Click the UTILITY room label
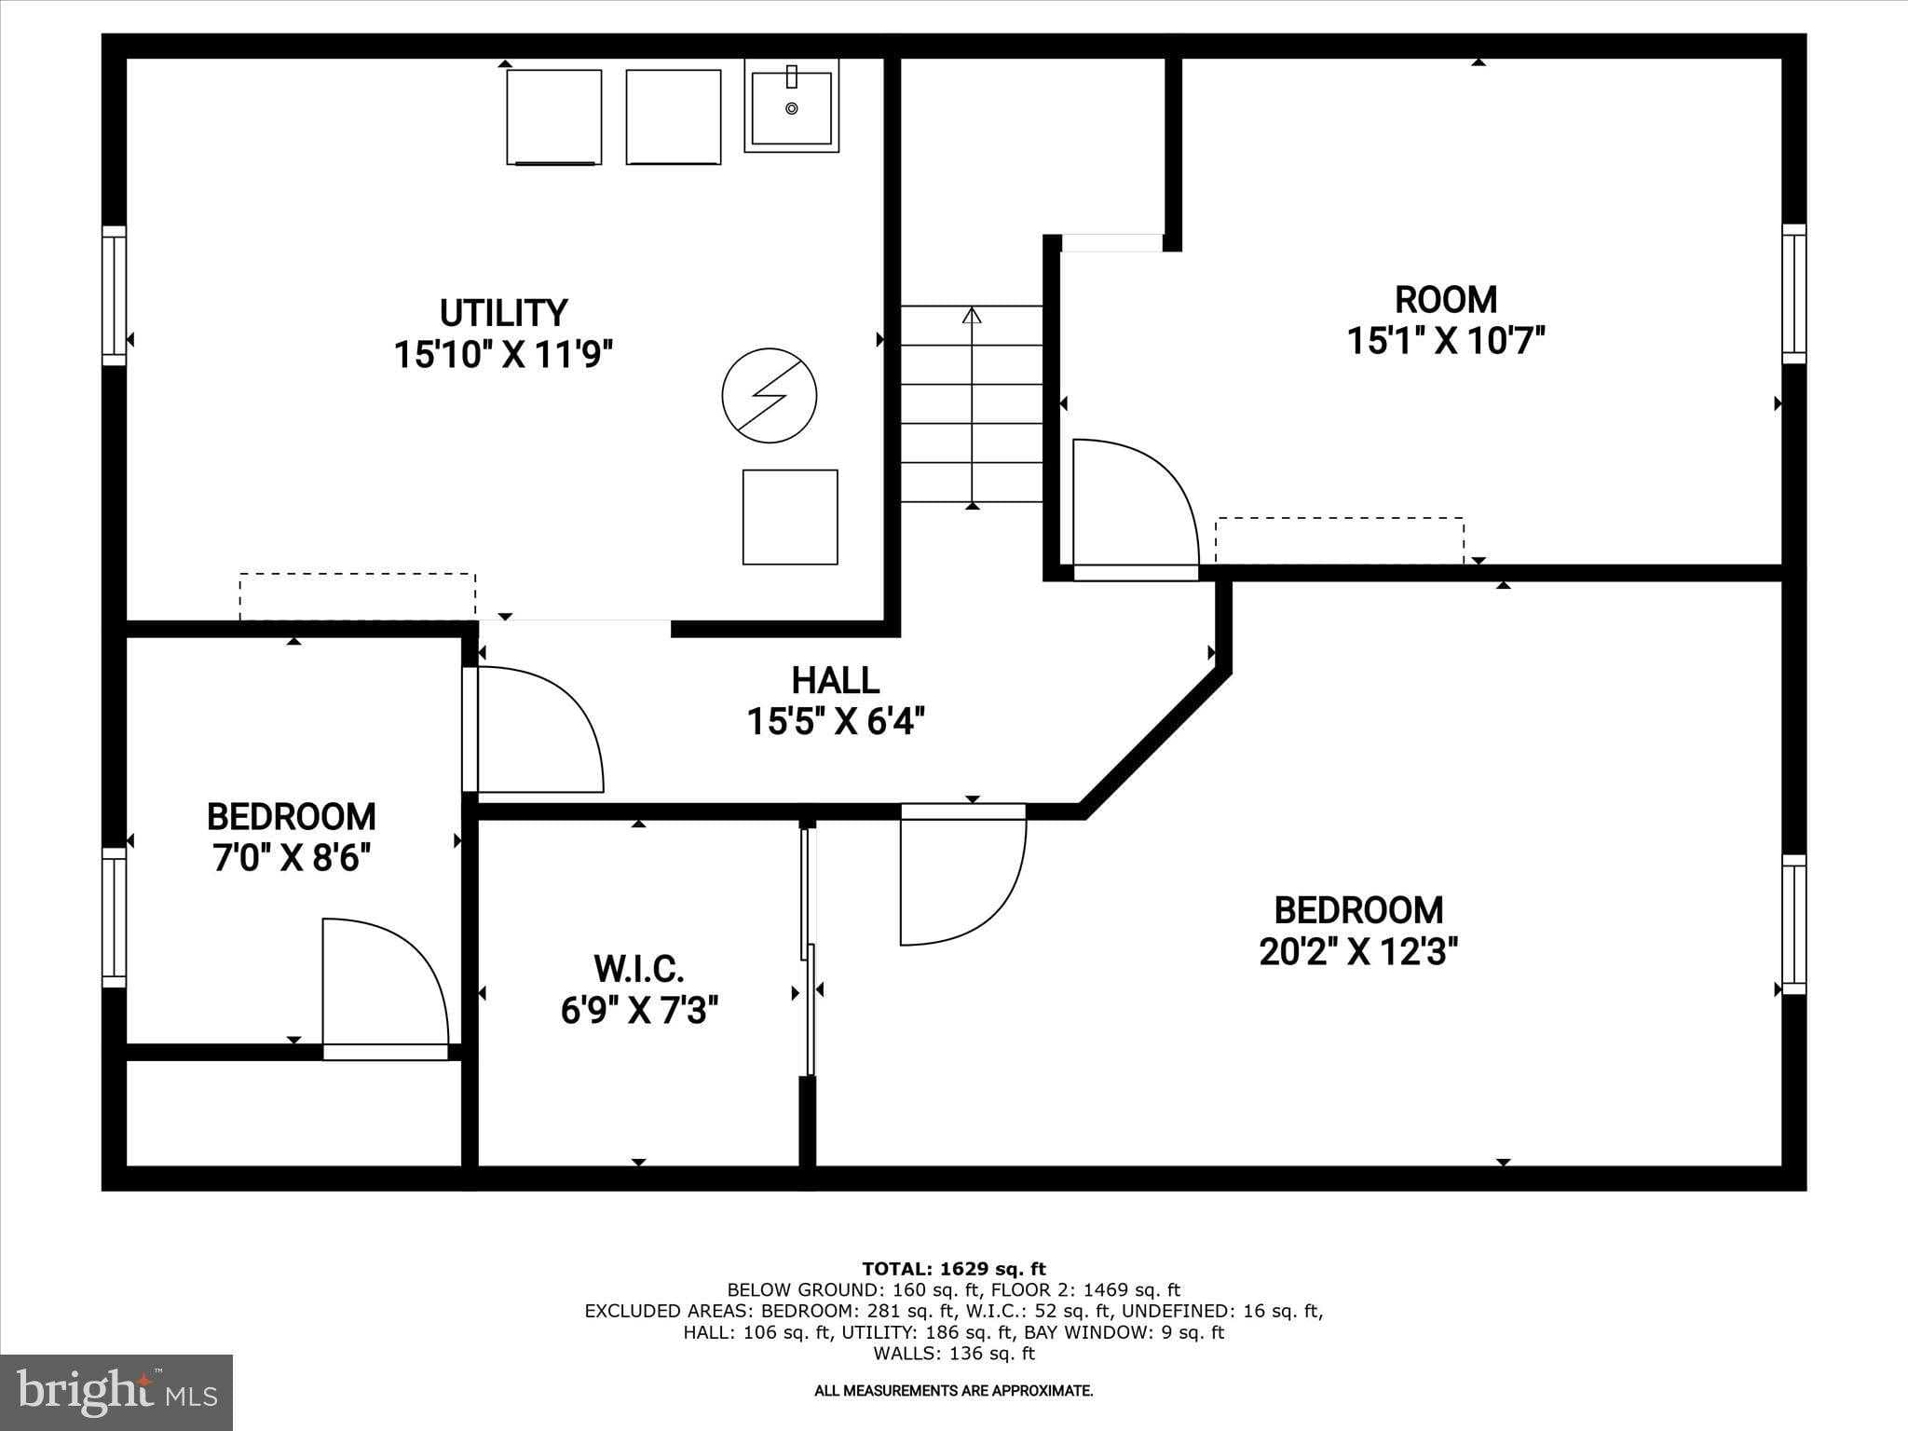click(x=503, y=313)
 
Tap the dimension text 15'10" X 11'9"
click(x=503, y=355)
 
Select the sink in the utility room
click(x=791, y=105)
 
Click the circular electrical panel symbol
click(x=770, y=396)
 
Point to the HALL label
click(x=835, y=681)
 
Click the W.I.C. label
click(x=639, y=969)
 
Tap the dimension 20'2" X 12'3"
click(x=1357, y=952)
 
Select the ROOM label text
click(x=1445, y=300)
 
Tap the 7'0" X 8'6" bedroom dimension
click(x=292, y=858)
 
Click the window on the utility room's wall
click(x=114, y=295)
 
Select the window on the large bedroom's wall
click(x=1793, y=924)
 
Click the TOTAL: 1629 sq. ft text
click(x=953, y=1269)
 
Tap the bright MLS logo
click(x=116, y=1392)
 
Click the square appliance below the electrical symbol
click(x=789, y=517)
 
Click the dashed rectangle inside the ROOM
click(x=1339, y=540)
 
